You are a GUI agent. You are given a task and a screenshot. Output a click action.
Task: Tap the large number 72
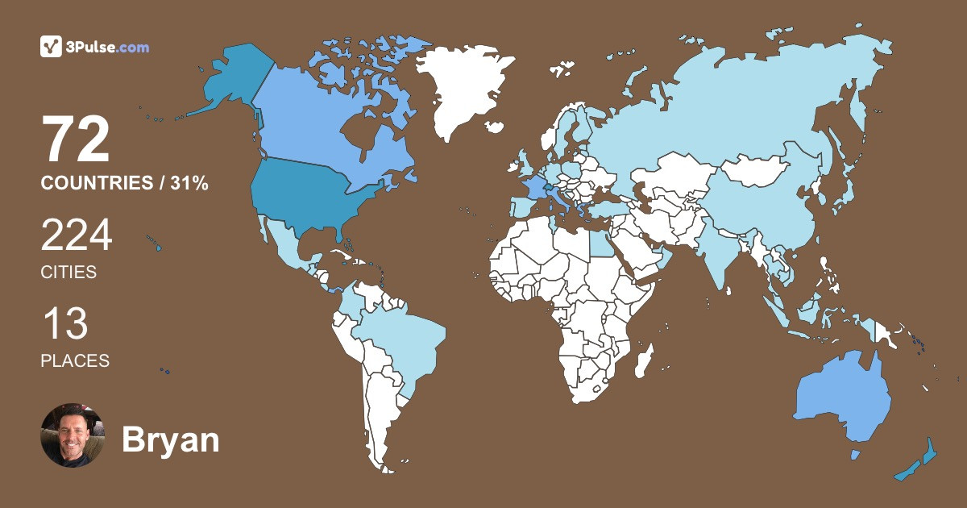point(76,139)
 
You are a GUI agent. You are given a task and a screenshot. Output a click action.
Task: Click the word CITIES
point(68,273)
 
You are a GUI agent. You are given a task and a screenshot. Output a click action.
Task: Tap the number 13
point(64,324)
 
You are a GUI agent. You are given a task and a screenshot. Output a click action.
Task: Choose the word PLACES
point(75,361)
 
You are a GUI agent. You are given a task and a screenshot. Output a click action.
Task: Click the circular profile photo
point(73,435)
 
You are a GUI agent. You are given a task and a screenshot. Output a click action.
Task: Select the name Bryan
point(170,440)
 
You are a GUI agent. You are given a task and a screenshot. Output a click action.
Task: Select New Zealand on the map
point(919,463)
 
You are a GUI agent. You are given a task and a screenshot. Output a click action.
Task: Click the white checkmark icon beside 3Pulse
point(51,47)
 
